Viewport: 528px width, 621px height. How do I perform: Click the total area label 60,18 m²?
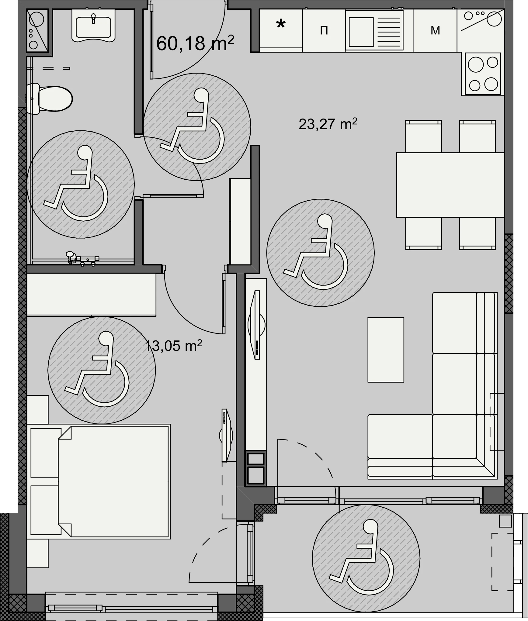(x=195, y=43)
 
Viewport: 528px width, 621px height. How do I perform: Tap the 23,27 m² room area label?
(x=328, y=124)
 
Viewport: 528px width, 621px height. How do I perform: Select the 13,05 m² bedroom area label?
(x=174, y=346)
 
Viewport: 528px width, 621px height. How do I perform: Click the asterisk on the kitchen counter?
(x=281, y=25)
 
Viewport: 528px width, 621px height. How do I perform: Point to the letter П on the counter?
(x=324, y=31)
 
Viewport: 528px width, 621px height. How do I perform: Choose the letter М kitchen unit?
(x=435, y=30)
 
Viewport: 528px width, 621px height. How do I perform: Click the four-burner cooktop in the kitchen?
(x=483, y=73)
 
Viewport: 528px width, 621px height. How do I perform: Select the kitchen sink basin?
(x=361, y=31)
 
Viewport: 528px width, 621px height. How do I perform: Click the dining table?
(x=450, y=185)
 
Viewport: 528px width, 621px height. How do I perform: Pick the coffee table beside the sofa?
(x=386, y=350)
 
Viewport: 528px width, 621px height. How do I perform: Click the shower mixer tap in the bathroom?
(x=82, y=259)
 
